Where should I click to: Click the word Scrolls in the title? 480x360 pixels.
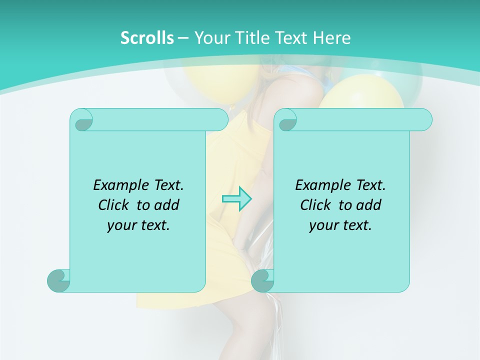(147, 38)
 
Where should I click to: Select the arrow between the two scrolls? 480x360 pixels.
(236, 199)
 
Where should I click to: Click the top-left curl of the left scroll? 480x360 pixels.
(82, 120)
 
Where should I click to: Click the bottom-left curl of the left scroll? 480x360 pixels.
(58, 280)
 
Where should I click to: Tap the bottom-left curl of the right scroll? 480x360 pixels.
(262, 280)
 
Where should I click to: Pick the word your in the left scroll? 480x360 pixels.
(121, 225)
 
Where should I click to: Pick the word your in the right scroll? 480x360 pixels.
(323, 225)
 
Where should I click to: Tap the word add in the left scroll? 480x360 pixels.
(166, 205)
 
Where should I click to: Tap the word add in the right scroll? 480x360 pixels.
(368, 205)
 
